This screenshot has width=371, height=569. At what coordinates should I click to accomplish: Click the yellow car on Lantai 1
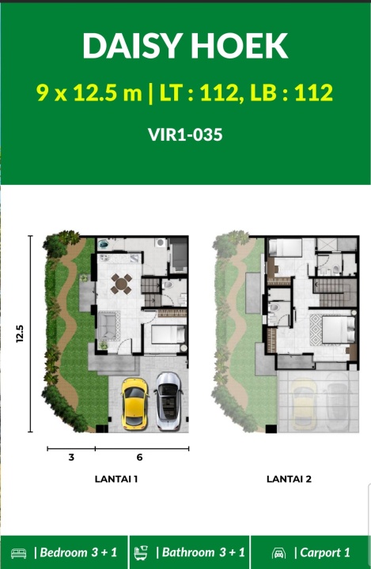tap(134, 402)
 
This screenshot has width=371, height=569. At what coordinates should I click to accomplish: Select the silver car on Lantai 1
tap(168, 401)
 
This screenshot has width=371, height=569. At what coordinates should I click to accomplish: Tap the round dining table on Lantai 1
tap(121, 284)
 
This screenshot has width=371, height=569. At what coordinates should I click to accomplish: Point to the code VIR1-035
tap(185, 134)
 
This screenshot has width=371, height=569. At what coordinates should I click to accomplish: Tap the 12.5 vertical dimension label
tap(20, 333)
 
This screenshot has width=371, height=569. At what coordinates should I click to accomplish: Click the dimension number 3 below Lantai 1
tap(71, 458)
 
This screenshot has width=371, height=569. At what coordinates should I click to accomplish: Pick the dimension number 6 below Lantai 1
tap(139, 458)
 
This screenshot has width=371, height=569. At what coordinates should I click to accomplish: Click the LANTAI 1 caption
tap(116, 479)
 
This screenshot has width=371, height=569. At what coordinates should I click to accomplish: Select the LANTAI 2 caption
tap(290, 479)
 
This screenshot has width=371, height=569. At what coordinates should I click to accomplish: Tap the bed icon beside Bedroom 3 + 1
tap(18, 553)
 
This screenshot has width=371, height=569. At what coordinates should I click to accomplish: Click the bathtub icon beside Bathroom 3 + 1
tap(141, 552)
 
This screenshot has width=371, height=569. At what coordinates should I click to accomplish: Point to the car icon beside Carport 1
tap(278, 553)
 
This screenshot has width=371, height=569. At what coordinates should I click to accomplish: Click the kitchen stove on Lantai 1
tap(104, 258)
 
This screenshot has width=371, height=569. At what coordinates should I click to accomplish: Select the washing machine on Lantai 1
tap(161, 243)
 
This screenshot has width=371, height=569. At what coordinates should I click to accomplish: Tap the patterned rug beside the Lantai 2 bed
tap(316, 330)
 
